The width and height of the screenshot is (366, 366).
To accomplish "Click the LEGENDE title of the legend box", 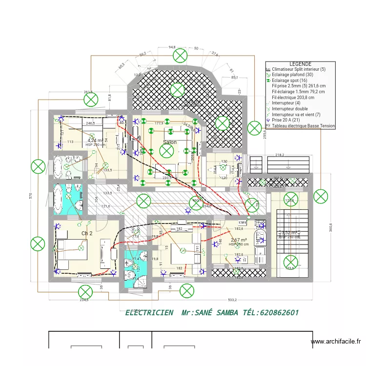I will click(300, 64).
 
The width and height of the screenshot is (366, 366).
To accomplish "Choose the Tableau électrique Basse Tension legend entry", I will click(303, 126).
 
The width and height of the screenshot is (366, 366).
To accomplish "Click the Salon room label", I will click(170, 142).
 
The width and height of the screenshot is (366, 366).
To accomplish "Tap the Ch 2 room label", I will click(87, 233).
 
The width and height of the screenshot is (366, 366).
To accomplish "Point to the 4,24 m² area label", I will click(95, 140).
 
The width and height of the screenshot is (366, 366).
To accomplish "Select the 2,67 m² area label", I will click(239, 240).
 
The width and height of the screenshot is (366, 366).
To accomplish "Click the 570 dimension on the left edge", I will click(31, 195).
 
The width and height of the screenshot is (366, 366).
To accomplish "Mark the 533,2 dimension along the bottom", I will click(232, 300).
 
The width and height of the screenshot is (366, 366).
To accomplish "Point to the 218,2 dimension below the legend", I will click(280, 155).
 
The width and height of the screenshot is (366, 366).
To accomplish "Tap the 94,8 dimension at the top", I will click(172, 48).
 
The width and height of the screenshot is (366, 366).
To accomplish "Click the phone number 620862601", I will click(277, 312).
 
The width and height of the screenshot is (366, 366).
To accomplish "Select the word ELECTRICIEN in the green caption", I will click(149, 312).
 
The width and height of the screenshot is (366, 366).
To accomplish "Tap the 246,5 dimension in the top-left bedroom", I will click(90, 124).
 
